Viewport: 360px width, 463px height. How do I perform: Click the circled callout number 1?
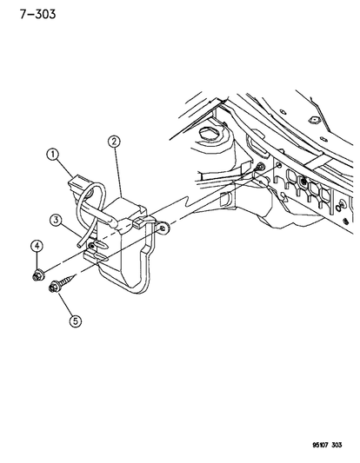coord(53,155)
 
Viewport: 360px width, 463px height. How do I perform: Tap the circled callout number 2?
coord(114,142)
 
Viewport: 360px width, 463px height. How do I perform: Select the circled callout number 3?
coord(56,220)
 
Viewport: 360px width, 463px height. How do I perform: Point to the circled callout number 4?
coord(37,246)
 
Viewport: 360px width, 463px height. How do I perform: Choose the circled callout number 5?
coord(76,321)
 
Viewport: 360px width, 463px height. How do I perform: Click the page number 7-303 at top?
coord(38,14)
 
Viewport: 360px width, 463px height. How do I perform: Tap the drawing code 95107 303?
coord(327,445)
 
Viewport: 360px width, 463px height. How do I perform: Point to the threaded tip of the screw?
coord(74,275)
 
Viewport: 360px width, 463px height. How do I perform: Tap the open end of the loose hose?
coord(79,245)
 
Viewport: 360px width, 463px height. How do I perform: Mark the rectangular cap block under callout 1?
coord(77,183)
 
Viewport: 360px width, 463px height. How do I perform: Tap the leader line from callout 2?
coord(117,172)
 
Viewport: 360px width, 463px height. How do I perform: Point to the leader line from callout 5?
coord(66,304)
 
